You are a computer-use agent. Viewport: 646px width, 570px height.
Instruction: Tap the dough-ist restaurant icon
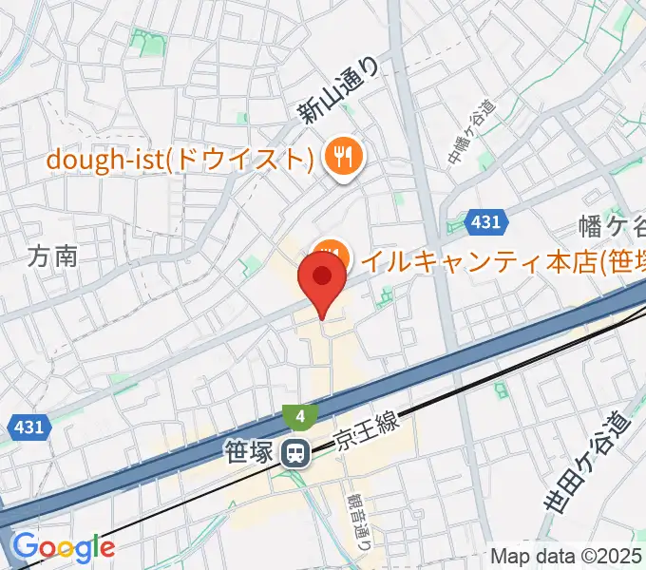pos(340,155)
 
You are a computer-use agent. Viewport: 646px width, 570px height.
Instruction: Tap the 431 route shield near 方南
pos(29,427)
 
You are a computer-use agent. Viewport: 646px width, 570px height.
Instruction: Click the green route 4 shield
pos(300,415)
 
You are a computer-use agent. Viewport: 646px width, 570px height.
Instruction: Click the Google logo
pos(63,547)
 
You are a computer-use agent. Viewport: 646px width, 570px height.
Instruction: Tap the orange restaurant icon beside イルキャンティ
pos(330,254)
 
